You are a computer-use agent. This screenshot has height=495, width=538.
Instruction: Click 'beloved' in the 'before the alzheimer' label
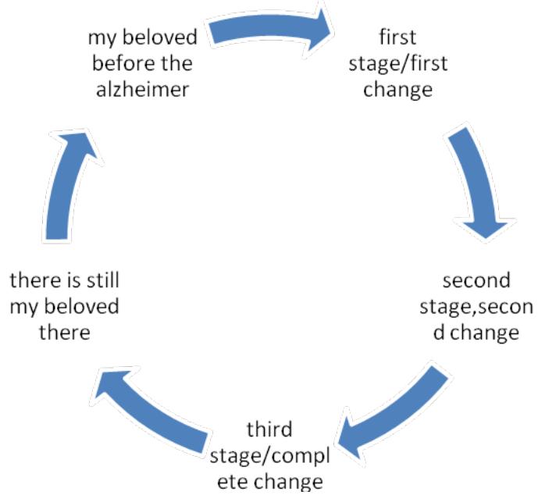click(x=164, y=37)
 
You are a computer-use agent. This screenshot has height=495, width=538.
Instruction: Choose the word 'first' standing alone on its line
click(x=398, y=37)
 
